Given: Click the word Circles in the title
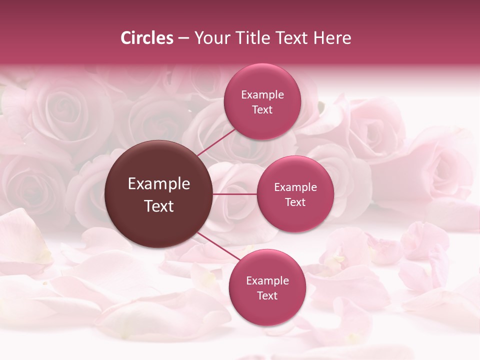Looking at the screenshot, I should (x=147, y=38).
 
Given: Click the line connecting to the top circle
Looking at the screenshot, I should (x=216, y=141).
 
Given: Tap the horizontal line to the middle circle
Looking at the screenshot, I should (x=235, y=194).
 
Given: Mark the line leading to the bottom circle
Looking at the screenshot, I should (x=219, y=247).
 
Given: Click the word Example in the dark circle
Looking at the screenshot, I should (x=159, y=184).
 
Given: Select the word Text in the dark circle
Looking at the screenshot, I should (x=159, y=206).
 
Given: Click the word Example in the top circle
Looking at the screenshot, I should (x=262, y=95).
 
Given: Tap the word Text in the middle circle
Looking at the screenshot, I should (x=295, y=202).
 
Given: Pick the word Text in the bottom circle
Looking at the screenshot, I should (x=267, y=296).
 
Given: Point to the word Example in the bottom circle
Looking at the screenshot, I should (x=267, y=281).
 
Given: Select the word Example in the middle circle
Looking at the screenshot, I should (x=295, y=187).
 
